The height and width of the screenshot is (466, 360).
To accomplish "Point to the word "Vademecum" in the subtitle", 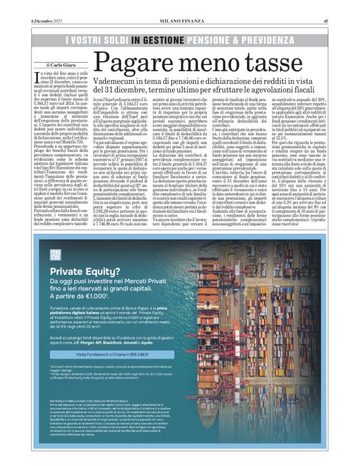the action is click(x=114, y=82).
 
